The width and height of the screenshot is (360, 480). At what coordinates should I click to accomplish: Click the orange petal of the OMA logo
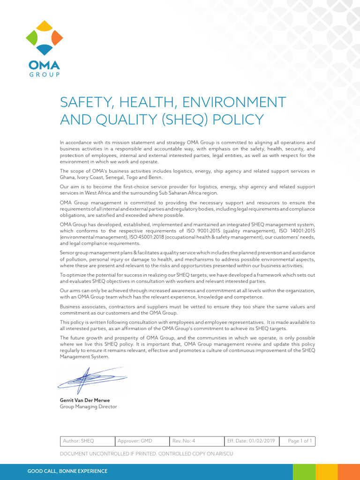click(57, 37)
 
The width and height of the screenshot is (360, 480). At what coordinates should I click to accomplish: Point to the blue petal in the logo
click(44, 49)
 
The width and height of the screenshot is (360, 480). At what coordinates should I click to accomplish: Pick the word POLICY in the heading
click(239, 120)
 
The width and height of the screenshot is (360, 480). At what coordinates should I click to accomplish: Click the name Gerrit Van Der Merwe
click(85, 400)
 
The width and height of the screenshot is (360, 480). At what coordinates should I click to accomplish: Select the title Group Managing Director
click(88, 407)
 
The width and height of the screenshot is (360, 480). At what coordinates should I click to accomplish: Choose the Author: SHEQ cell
click(88, 441)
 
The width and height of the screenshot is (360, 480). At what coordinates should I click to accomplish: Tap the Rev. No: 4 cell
click(197, 441)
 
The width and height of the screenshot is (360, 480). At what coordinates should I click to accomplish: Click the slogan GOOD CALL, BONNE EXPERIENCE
click(67, 471)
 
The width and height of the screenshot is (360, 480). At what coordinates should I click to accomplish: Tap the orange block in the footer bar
click(349, 471)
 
